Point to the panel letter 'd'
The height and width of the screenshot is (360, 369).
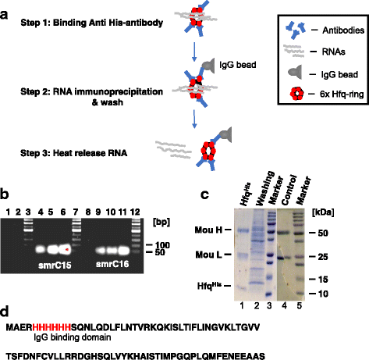point(7,292)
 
